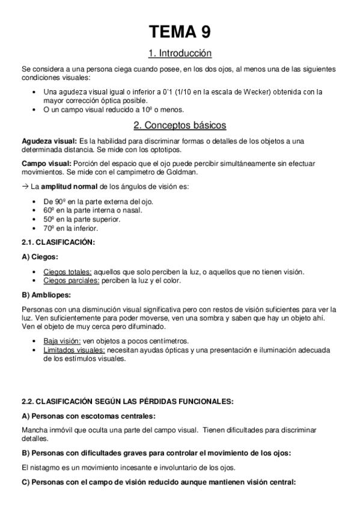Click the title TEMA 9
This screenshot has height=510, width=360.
click(180, 31)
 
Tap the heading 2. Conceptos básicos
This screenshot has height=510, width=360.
click(180, 125)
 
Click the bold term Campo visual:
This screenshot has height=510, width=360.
click(43, 164)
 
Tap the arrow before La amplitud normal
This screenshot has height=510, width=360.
click(25, 186)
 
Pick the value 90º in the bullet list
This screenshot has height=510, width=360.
click(58, 201)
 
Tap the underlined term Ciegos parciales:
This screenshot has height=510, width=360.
click(70, 281)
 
